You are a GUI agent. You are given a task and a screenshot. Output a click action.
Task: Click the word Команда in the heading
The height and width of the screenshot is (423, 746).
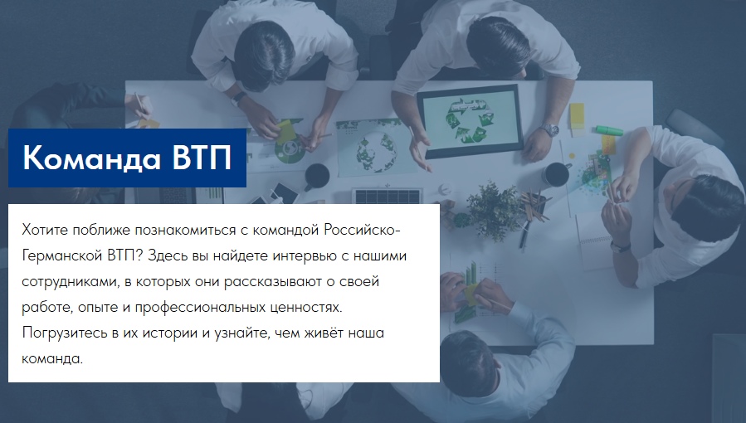tap(91, 158)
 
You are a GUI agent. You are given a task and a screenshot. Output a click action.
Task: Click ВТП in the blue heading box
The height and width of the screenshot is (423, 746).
tap(202, 158)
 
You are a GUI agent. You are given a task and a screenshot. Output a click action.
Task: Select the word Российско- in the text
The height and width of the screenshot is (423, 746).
tap(362, 230)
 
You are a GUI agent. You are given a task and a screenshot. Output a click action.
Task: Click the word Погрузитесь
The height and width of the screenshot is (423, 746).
tap(65, 333)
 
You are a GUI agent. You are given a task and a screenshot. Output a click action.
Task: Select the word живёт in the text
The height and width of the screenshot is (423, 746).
tap(320, 333)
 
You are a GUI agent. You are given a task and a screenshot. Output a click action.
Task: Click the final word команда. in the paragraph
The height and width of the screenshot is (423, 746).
tap(52, 359)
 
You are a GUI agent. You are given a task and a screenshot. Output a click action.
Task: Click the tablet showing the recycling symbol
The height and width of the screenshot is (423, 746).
tap(470, 120)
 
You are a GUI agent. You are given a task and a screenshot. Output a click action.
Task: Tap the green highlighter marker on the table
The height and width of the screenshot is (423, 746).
tap(609, 129)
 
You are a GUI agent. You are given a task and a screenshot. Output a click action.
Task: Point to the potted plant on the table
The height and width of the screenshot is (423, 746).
tap(492, 204)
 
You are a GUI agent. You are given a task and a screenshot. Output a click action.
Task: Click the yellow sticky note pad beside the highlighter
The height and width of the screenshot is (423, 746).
tap(577, 116)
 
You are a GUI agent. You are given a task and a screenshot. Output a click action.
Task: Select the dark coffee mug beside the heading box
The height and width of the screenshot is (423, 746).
tap(316, 176)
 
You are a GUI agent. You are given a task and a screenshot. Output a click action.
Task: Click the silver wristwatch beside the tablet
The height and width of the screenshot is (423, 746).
tap(549, 129)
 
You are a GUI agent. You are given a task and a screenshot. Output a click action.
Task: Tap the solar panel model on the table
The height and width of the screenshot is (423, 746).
tap(387, 196)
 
